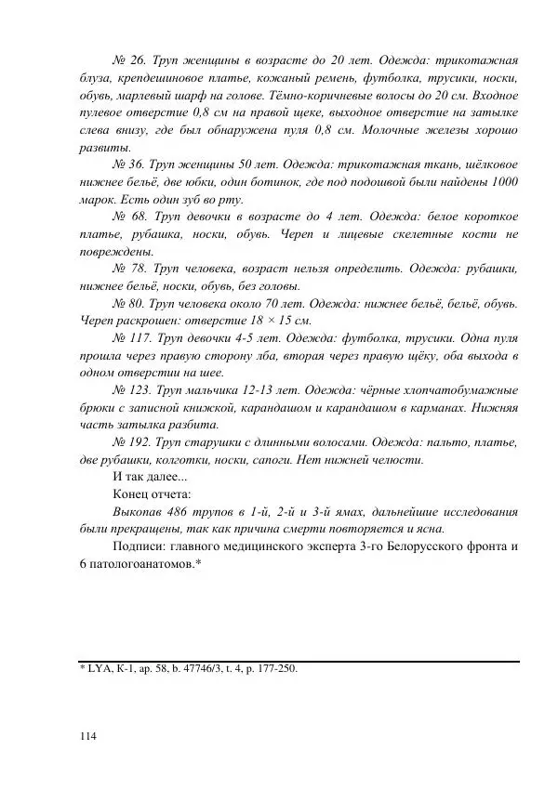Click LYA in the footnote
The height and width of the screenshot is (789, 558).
[100, 667]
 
